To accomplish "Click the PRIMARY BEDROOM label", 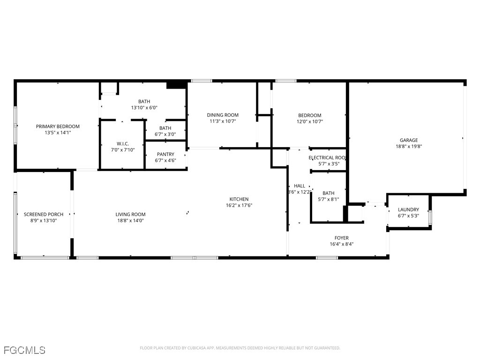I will pos(58,127).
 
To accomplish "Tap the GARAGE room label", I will pos(408,140).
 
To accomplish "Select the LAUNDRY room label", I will pos(408,210).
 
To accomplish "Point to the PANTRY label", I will pos(165,154).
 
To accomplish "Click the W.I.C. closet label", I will pos(122,143).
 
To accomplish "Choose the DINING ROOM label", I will pos(223,115).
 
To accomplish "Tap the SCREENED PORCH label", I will pos(43,214).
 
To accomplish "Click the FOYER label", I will pos(341,238).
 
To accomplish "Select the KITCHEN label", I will pos(239,199).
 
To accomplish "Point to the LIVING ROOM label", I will pos(130,214).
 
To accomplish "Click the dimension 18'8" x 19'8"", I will pos(408,146).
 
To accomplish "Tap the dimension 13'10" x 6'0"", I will pos(144,107).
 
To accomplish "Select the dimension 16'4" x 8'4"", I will pos(341,244).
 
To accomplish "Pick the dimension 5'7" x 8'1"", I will pos(328,199).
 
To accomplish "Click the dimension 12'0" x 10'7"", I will pos(309,121).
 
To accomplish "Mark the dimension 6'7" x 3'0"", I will pos(165,134).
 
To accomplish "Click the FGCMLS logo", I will pos(24,350).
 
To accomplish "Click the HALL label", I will pos(299,186).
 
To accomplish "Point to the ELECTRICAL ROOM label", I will pos(327,158).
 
